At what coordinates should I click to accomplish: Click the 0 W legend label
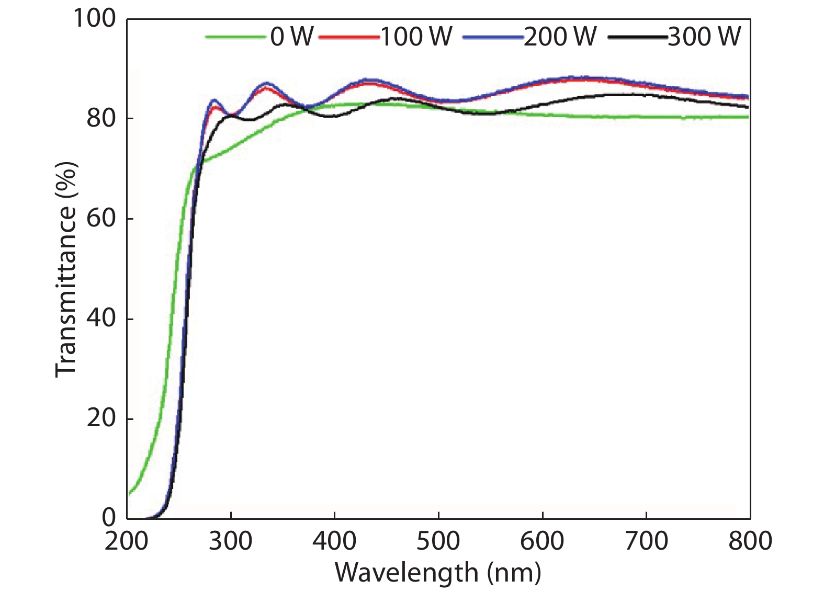tap(291, 37)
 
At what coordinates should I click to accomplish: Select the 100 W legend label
tap(416, 37)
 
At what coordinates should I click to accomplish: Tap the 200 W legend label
tap(560, 37)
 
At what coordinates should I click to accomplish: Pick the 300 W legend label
tap(704, 37)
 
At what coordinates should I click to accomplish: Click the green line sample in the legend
tap(235, 37)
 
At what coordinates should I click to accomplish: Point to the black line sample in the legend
tap(637, 37)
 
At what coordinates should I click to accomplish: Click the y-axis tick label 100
tap(94, 19)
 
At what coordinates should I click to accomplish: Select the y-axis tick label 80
tap(101, 119)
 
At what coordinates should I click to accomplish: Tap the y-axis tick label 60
tap(101, 219)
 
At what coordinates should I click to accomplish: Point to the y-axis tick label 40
tap(101, 318)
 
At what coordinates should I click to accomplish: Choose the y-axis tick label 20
tap(101, 418)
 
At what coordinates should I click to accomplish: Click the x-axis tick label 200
tap(127, 541)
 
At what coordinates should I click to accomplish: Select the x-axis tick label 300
tap(231, 541)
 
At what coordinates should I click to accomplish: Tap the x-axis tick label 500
tap(438, 541)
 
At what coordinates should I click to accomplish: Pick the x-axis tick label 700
tap(647, 541)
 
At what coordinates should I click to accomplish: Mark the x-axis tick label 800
tap(750, 541)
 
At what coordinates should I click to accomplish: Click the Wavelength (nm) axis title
tap(438, 573)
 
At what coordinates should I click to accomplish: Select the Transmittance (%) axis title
tap(66, 269)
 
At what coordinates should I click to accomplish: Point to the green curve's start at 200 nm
tap(129, 493)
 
